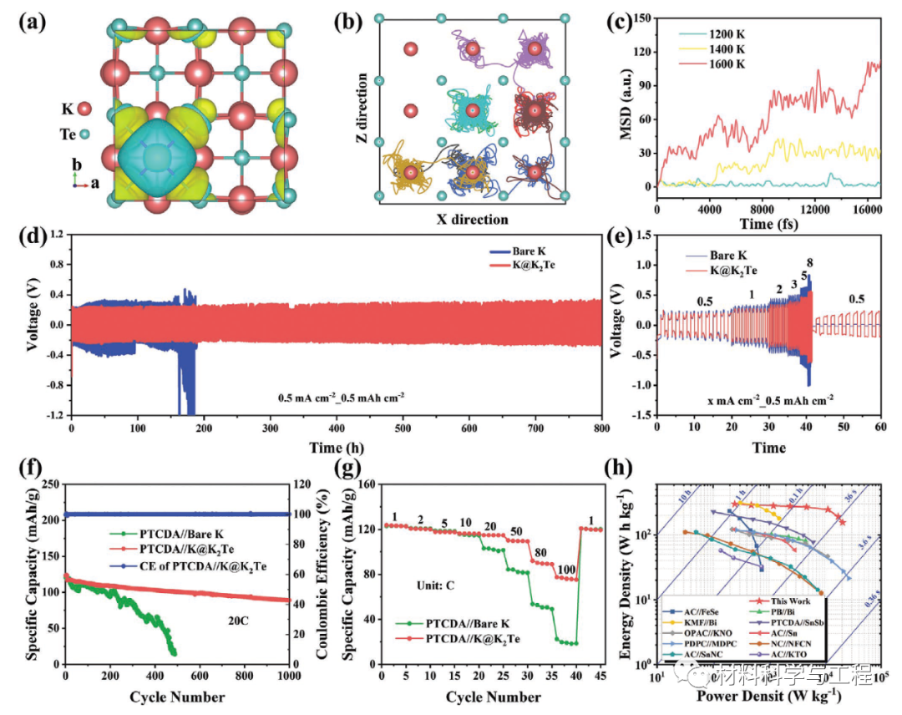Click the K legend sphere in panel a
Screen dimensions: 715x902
84,109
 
